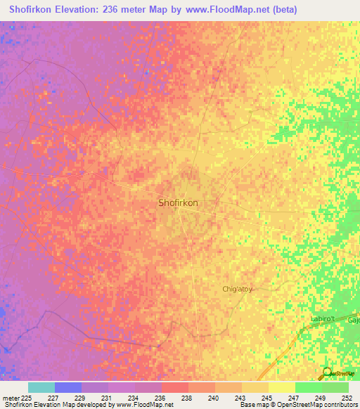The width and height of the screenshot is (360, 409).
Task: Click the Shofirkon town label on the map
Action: [178, 202]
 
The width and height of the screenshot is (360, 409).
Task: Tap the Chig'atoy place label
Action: [237, 289]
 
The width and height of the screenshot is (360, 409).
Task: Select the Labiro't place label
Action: [325, 319]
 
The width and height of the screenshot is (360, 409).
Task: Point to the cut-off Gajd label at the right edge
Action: [354, 320]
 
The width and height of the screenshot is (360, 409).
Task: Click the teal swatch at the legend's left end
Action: [41, 387]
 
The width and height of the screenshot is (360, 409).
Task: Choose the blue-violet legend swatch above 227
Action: [68, 387]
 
